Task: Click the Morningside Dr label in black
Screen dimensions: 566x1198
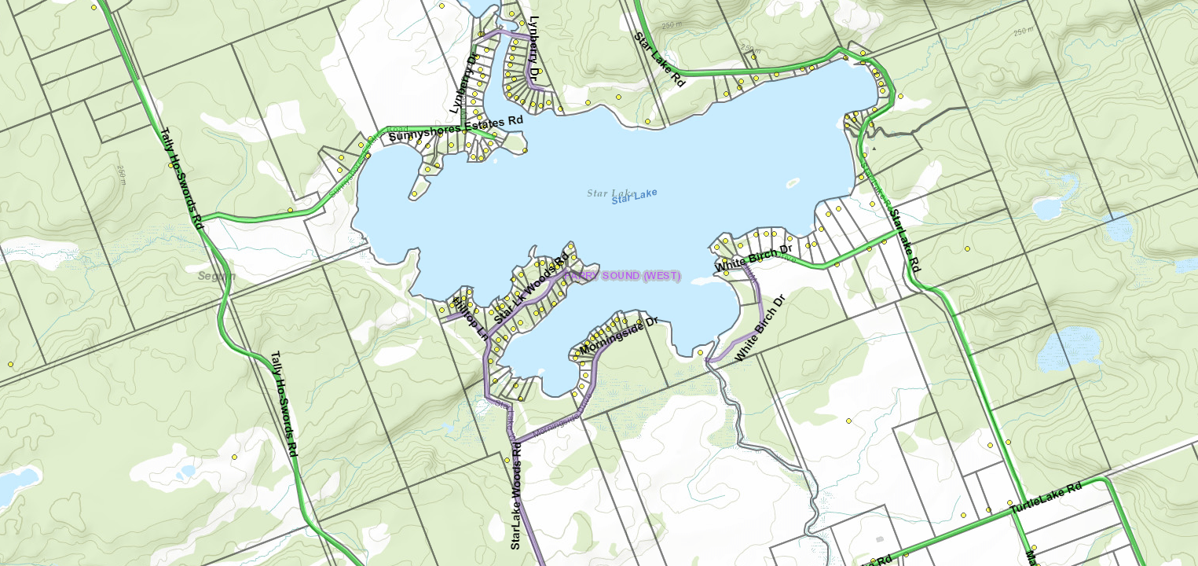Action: [x=618, y=336]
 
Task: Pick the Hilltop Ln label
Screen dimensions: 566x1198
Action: [x=472, y=318]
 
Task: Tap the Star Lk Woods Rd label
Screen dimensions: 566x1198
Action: [x=531, y=289]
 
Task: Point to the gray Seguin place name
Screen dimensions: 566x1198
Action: [x=216, y=276]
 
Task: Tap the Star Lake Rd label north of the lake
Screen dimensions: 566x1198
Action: [x=660, y=60]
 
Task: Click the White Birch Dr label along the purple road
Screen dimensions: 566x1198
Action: [x=760, y=329]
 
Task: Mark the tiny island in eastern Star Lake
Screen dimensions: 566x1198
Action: [x=792, y=183]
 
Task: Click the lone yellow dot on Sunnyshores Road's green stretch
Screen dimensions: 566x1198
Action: [x=290, y=210]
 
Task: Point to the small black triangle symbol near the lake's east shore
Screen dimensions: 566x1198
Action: [x=874, y=148]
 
